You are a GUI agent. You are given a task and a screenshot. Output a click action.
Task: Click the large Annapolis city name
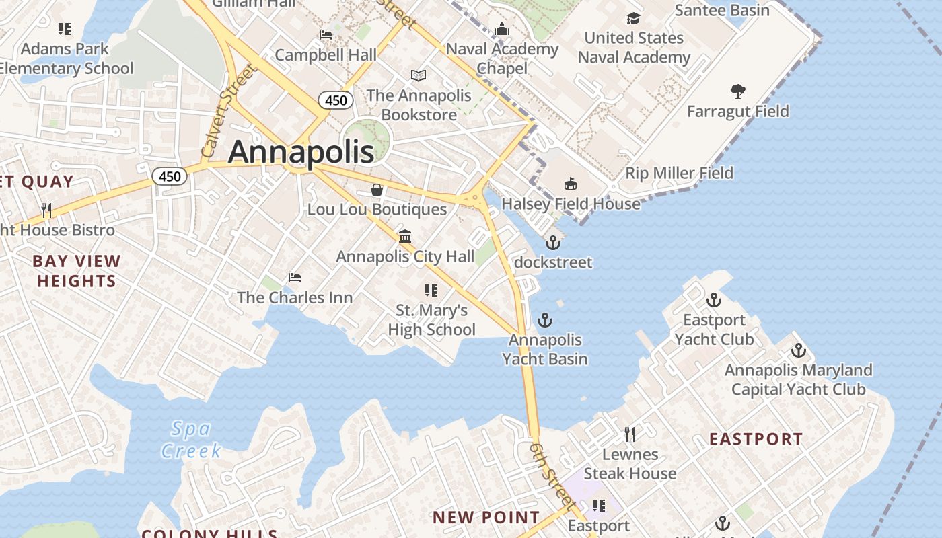click(301, 152)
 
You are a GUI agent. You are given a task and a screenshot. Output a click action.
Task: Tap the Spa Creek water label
click(190, 439)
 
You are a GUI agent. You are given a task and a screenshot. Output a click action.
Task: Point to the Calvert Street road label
click(229, 110)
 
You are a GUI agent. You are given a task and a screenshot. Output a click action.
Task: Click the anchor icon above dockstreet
click(553, 242)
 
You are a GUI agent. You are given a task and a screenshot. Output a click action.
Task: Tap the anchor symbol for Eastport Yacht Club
click(713, 300)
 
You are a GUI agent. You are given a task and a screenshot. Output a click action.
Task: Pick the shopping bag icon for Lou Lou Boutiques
click(377, 190)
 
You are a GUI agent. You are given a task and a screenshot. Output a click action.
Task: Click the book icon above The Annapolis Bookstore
click(419, 75)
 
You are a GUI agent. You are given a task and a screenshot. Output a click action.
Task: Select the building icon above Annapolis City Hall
click(405, 236)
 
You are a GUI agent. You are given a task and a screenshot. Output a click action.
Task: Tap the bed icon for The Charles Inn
click(294, 277)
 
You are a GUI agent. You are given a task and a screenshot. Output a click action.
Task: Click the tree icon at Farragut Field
click(737, 91)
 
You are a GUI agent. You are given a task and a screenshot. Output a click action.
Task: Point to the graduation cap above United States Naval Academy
click(633, 18)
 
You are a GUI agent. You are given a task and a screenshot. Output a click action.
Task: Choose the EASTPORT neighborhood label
click(756, 439)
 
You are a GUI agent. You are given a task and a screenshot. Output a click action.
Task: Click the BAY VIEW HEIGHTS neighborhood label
click(77, 271)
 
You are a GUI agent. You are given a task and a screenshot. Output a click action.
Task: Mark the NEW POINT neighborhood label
click(486, 517)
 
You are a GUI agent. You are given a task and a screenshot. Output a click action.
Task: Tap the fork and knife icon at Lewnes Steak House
click(630, 434)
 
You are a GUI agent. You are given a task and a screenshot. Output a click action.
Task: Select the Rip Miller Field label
click(679, 173)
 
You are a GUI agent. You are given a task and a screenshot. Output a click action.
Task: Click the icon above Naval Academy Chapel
click(502, 29)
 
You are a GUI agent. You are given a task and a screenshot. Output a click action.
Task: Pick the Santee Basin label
click(722, 10)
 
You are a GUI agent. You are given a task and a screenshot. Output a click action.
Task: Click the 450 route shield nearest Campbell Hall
click(336, 101)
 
